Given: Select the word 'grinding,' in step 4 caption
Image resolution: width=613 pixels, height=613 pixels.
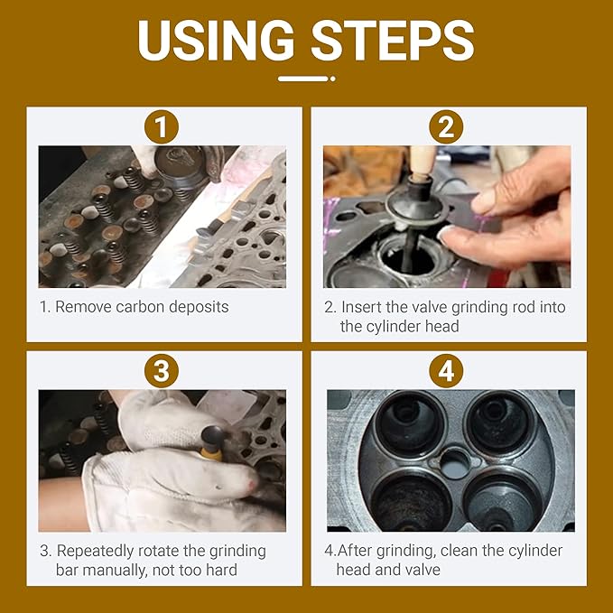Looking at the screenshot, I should (421, 551).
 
